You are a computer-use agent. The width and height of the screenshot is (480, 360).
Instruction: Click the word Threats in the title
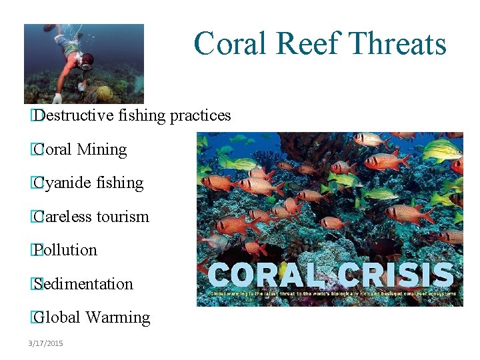coord(399,44)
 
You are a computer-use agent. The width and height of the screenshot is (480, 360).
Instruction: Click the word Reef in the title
coord(309,44)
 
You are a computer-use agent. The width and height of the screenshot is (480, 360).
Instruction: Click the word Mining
coord(102,149)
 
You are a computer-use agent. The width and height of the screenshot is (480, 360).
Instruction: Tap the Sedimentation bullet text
coord(83,284)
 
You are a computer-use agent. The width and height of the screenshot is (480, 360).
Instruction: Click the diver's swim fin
coord(50,28)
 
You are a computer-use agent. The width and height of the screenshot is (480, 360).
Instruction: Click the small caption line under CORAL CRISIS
coord(333,293)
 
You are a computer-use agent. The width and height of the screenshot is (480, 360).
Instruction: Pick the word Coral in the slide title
coord(231,44)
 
